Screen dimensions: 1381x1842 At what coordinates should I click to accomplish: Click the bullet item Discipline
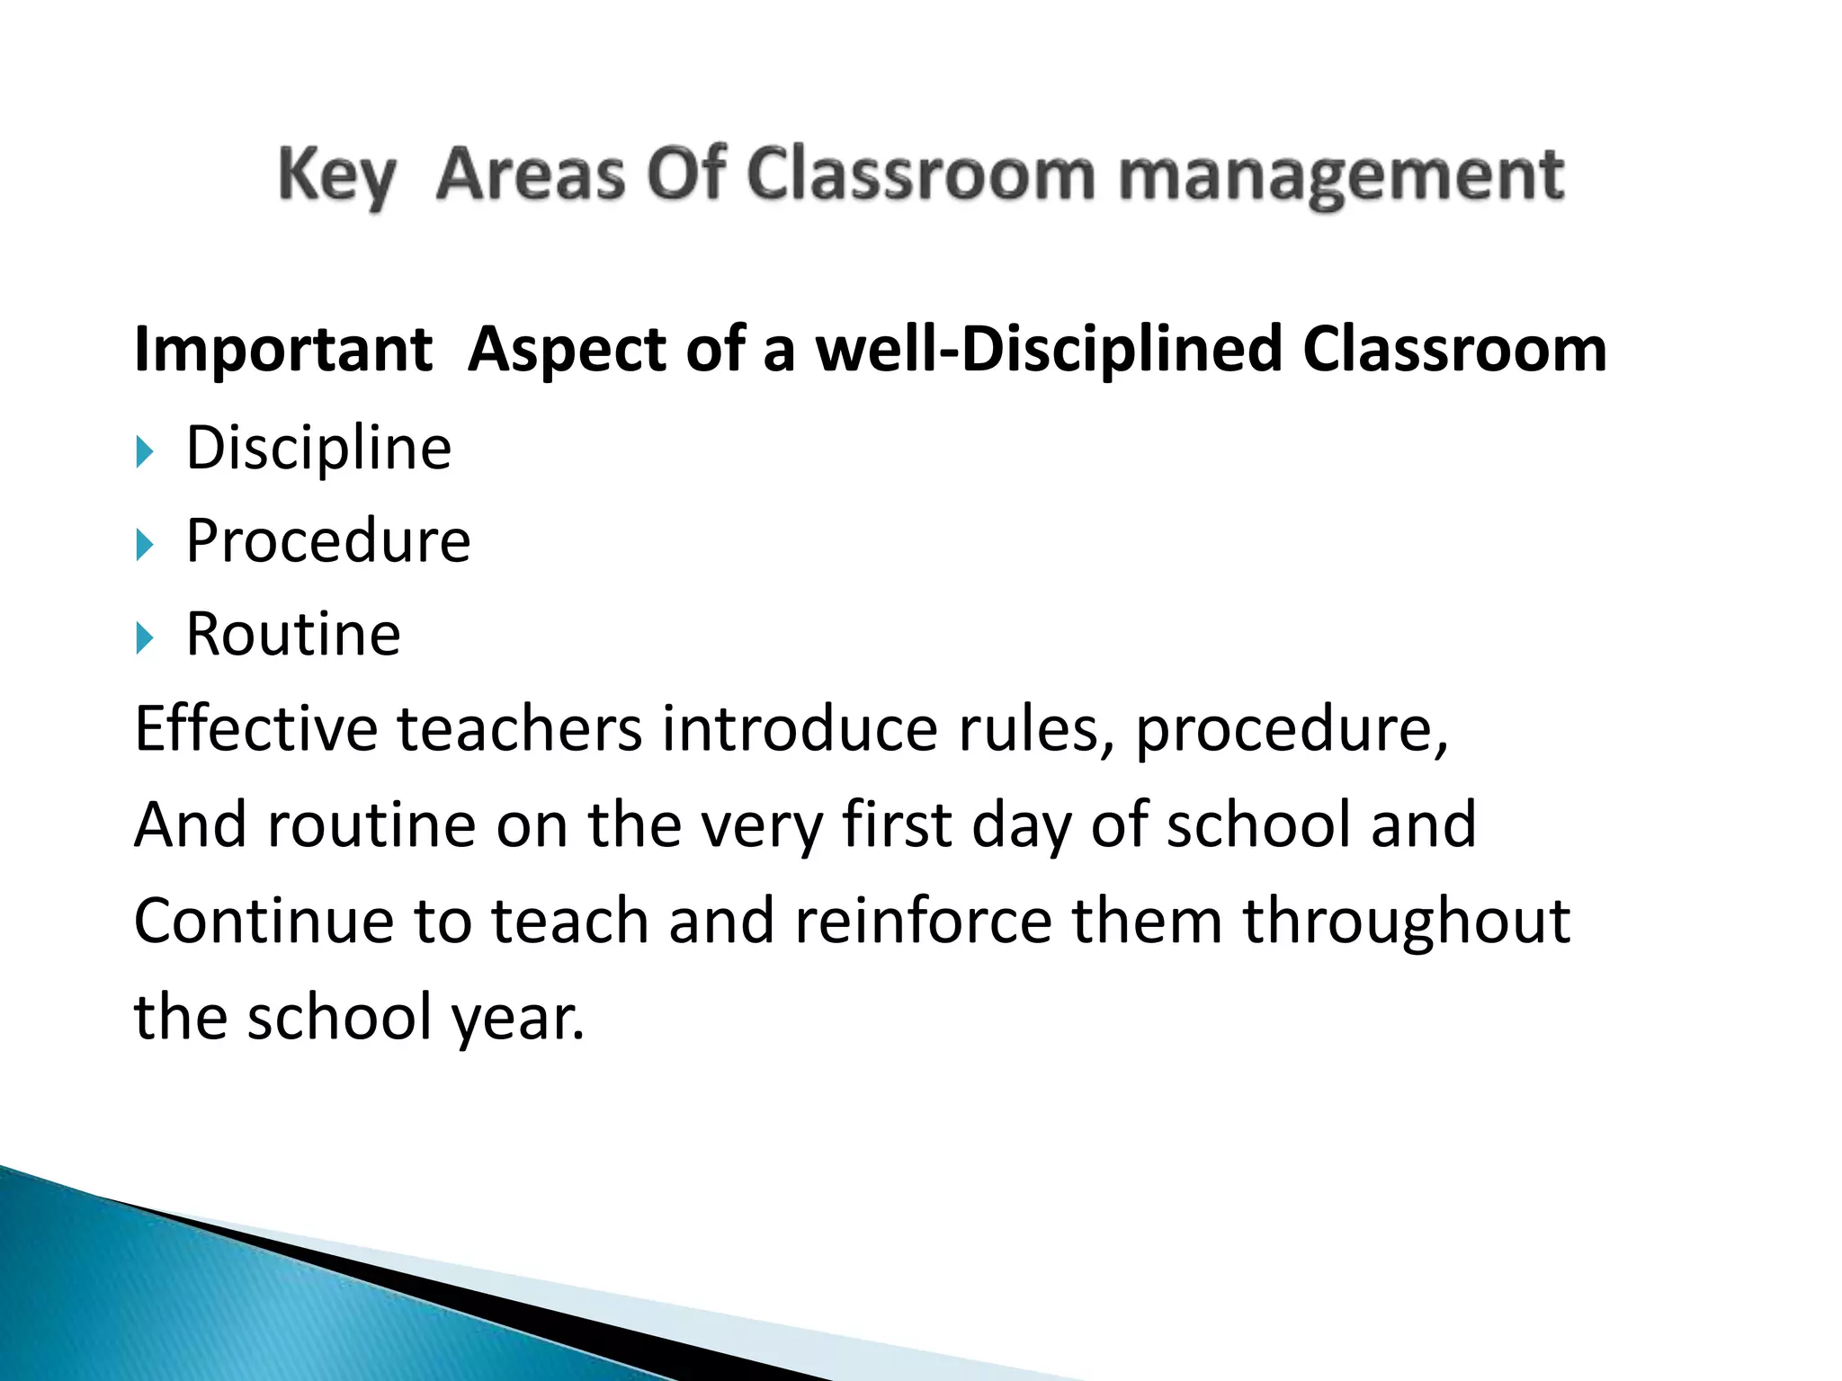[x=318, y=448]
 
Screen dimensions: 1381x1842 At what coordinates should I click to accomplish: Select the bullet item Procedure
[x=328, y=541]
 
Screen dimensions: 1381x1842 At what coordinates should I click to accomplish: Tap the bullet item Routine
[x=293, y=635]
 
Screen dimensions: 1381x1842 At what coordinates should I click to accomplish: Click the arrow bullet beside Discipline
[x=145, y=451]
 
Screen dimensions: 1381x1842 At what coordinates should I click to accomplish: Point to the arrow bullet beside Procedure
[x=145, y=545]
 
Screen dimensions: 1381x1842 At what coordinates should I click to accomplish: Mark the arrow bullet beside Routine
[x=145, y=638]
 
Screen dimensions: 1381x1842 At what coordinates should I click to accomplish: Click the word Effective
[x=256, y=728]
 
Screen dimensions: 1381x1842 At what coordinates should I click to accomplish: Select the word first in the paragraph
[x=897, y=824]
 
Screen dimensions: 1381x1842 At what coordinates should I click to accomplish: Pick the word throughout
[x=1407, y=921]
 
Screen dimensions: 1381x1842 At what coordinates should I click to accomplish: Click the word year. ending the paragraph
[x=517, y=1018]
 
